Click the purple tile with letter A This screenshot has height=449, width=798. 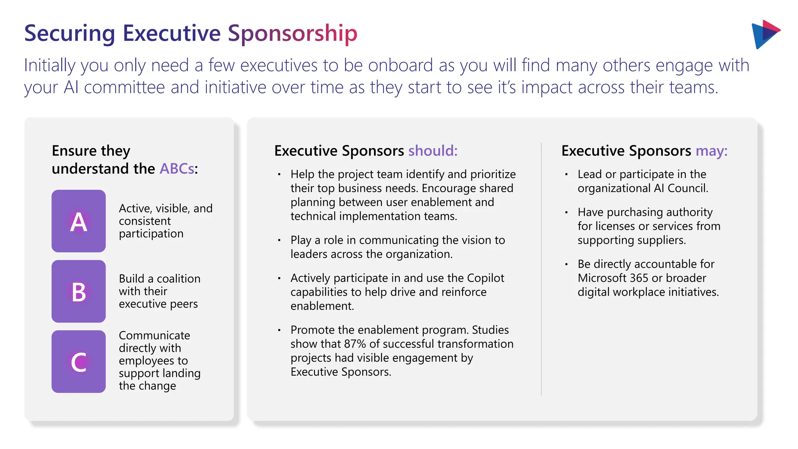(78, 221)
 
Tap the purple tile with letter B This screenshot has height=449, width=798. (78, 291)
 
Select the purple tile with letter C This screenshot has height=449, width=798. (78, 361)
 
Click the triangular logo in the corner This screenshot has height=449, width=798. (765, 34)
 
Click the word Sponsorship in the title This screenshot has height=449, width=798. (292, 34)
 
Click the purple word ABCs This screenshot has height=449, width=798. (177, 169)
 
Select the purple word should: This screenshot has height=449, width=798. (433, 151)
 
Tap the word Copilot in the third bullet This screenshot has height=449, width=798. (486, 278)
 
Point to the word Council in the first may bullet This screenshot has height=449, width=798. (687, 188)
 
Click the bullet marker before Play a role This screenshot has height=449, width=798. (279, 240)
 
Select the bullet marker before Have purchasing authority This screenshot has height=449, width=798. (567, 212)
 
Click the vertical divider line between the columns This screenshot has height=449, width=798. (541, 269)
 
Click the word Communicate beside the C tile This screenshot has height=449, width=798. (154, 335)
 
